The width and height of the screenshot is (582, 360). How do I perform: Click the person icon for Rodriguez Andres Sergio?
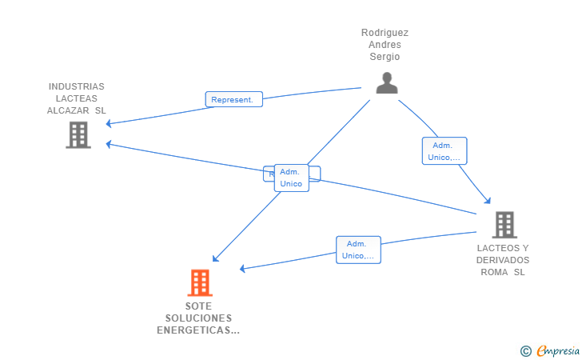(x=387, y=83)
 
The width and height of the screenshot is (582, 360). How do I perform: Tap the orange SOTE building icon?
(x=200, y=282)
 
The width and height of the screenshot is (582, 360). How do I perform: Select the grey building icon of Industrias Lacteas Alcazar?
(x=78, y=135)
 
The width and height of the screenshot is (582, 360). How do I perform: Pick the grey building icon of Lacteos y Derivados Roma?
(x=504, y=225)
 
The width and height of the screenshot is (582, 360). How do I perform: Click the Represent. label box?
(x=233, y=100)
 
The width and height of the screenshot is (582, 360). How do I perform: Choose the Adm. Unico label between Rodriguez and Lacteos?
(x=444, y=151)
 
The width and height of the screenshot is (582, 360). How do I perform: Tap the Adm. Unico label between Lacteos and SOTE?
(x=357, y=250)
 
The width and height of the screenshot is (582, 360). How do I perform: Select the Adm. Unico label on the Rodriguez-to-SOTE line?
(x=291, y=178)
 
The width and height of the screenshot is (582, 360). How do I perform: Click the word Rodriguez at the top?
(x=385, y=33)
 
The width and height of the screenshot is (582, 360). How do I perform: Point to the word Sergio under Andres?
(x=385, y=57)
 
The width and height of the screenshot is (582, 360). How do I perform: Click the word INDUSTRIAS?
(x=77, y=86)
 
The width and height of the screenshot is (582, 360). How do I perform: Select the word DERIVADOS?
(x=503, y=260)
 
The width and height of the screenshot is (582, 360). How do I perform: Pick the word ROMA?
(x=495, y=272)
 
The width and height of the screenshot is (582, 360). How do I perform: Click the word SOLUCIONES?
(x=198, y=318)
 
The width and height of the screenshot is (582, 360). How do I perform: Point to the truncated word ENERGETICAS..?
(x=198, y=330)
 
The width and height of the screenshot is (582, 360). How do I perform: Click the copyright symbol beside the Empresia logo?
(x=525, y=350)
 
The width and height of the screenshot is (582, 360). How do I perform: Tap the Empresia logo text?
(x=558, y=350)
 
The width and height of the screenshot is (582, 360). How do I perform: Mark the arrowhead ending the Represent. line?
(x=110, y=124)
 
